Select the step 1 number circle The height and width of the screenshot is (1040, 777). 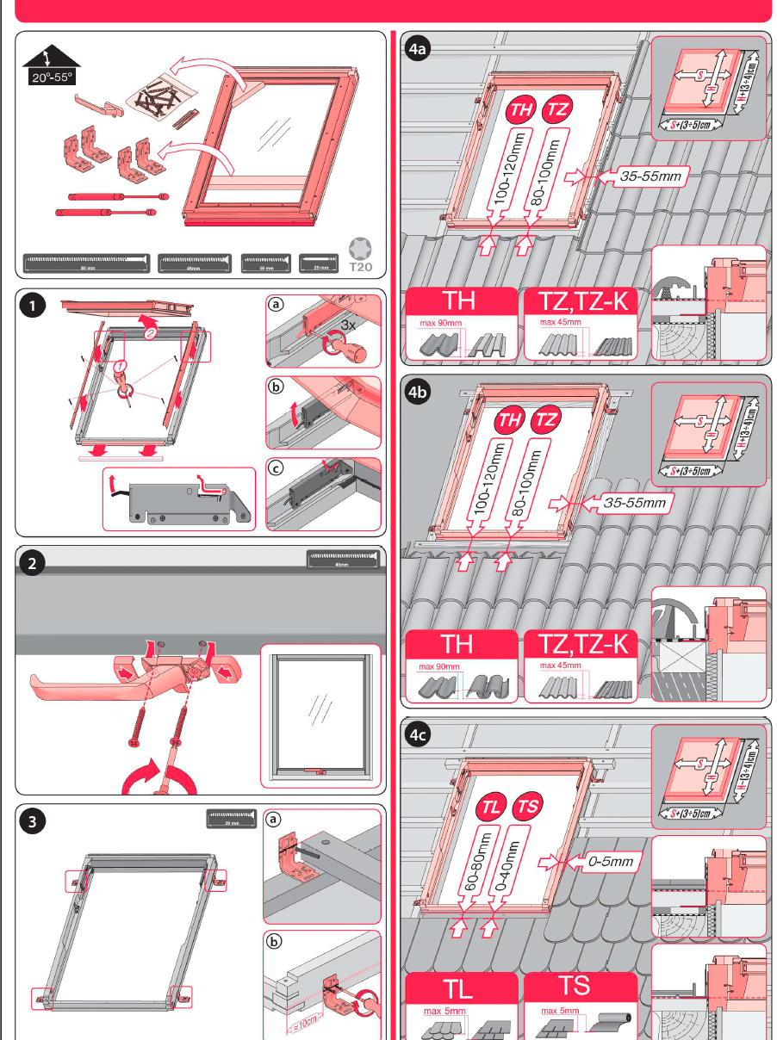[x=33, y=306]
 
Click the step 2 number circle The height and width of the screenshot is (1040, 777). [x=32, y=565]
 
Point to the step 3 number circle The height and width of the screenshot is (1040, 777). [x=32, y=822]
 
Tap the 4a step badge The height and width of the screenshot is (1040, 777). [x=418, y=50]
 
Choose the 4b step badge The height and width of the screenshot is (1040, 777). [x=418, y=393]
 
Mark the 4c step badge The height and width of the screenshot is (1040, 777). [x=418, y=735]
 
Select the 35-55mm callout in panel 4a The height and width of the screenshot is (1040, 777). [x=651, y=177]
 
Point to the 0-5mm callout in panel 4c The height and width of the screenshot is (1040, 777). [x=611, y=860]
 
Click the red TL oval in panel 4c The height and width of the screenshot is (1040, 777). [x=491, y=808]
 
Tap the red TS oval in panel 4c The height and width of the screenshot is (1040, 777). [x=528, y=808]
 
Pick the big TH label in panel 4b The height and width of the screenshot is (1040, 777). [x=463, y=644]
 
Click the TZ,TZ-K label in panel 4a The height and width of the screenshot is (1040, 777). [x=583, y=301]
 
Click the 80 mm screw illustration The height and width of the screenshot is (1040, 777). [x=87, y=263]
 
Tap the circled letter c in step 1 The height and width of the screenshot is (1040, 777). [x=275, y=469]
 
